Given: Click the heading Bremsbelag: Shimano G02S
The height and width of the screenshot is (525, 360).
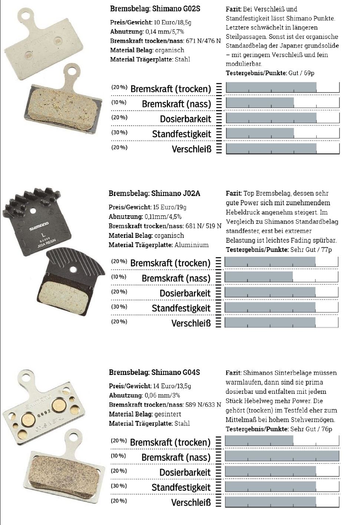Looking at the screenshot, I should pos(155,9).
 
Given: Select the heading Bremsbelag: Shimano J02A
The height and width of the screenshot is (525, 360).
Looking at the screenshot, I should pos(154,193).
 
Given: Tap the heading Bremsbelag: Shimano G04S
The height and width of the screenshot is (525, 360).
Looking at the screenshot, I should pos(154,372).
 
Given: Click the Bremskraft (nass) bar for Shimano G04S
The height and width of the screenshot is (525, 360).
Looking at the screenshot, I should pos(282,456).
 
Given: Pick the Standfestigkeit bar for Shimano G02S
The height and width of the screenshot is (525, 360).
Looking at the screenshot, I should pos(260,133).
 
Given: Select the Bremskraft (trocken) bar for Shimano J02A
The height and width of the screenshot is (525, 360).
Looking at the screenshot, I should pos(270,262).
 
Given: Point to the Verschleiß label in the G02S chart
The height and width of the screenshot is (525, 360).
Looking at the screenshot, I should pos(191,149).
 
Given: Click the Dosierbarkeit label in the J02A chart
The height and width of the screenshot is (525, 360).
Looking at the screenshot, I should pos(185,293).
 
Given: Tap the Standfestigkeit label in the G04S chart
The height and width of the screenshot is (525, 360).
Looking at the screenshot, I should pos(181,488).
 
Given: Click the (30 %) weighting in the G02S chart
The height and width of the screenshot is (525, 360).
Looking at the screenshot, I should pos(119,132).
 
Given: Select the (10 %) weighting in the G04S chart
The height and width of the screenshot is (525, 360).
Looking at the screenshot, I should pos(118,456).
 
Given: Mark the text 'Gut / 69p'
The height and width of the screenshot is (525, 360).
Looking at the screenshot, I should pos(301,73).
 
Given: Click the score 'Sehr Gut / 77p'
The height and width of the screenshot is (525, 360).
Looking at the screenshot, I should pos(311,250).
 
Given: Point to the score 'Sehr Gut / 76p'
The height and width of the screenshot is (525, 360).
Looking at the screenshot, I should pos(311,429).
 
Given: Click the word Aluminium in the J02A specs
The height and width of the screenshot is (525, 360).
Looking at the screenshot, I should pos(192,245).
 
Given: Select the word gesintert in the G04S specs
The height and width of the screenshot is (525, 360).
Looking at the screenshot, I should pos(168,414).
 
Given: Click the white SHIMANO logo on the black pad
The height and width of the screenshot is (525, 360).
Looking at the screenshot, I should pos(39,226).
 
